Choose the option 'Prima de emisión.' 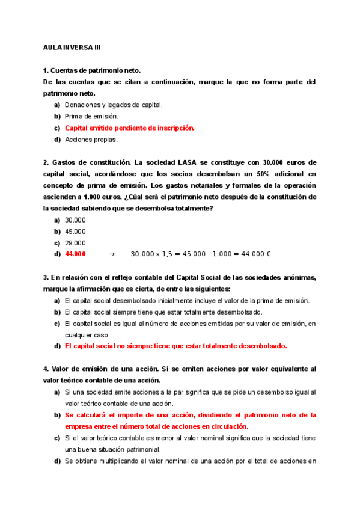pos(91,116)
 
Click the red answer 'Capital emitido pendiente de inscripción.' pos(129,127)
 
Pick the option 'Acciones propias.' pos(91,140)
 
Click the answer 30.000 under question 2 pos(75,220)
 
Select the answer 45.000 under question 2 pos(75,232)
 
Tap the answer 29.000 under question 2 pos(75,243)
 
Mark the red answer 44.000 pos(75,254)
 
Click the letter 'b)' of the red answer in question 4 pos(58,415)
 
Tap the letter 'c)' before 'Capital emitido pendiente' pos(58,127)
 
